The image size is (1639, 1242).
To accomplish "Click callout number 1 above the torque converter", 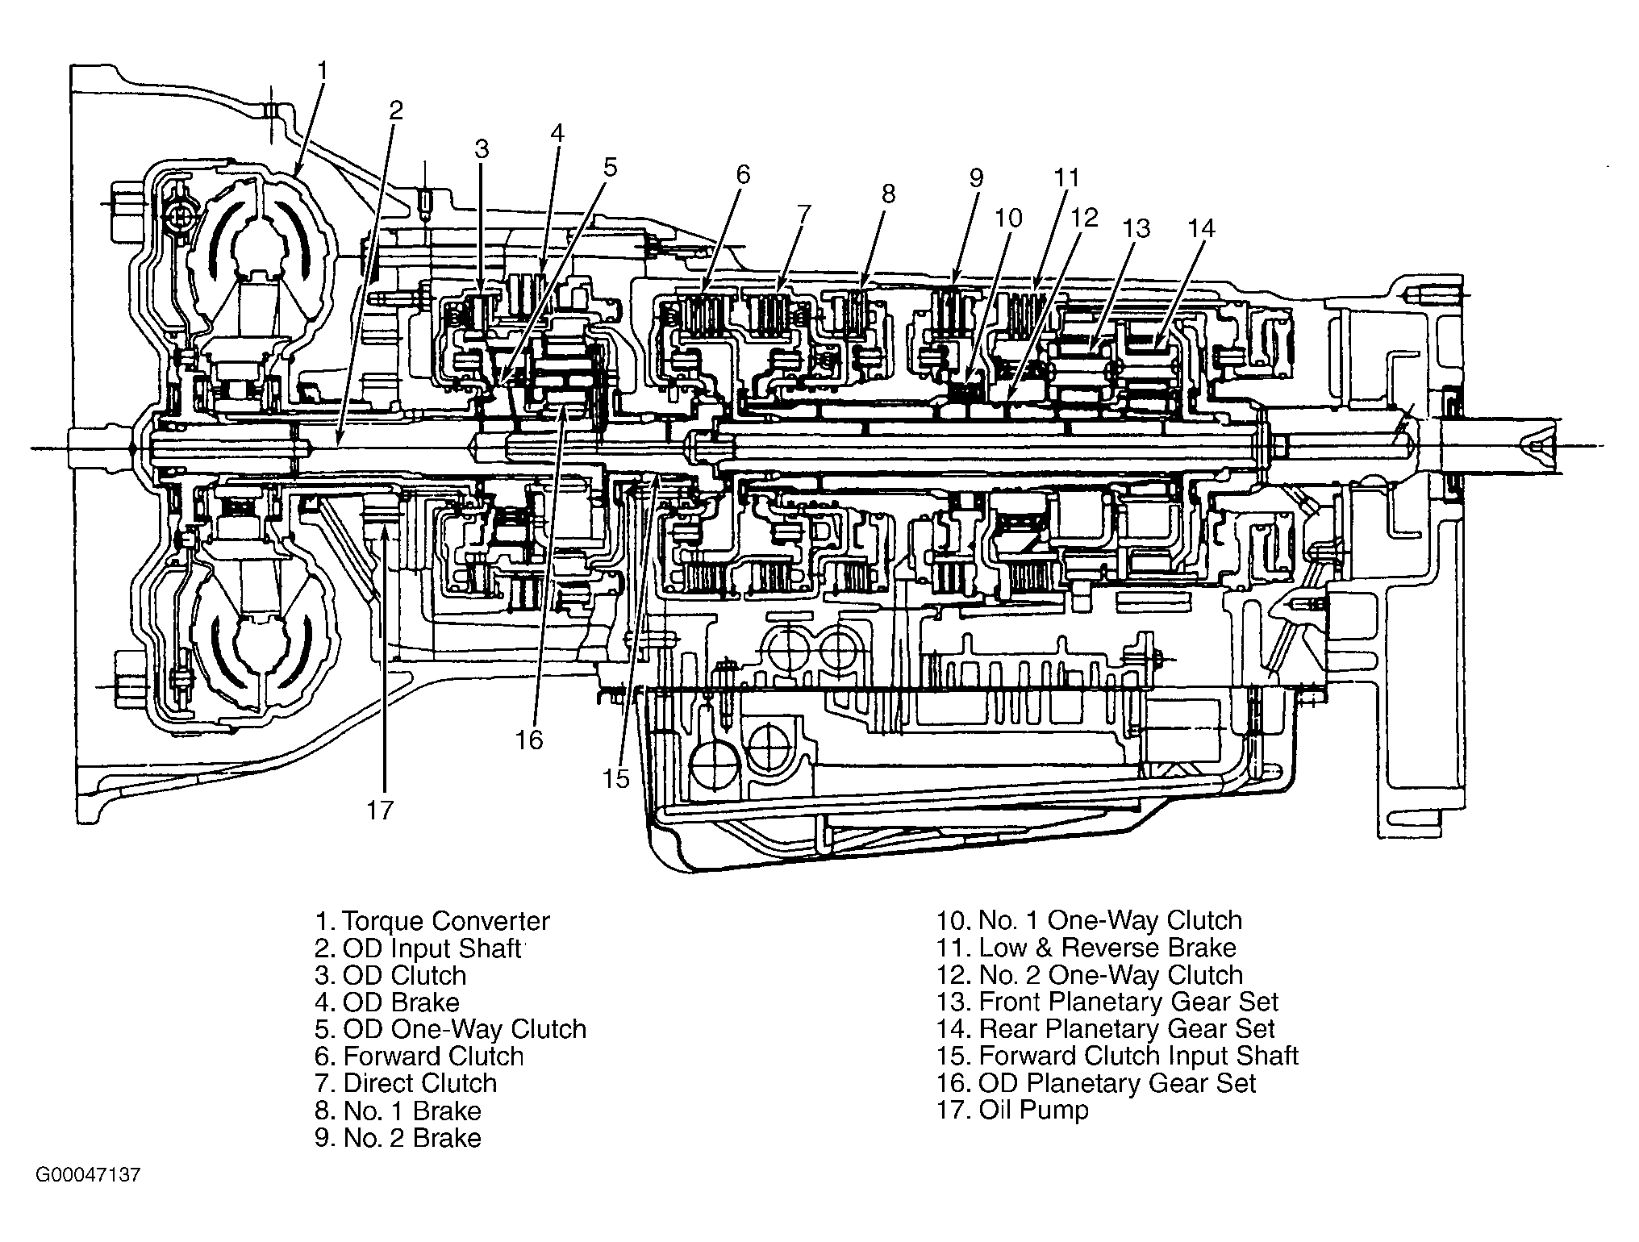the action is click(323, 71).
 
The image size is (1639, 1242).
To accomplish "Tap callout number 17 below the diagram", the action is click(379, 810).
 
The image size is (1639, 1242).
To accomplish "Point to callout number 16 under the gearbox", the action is click(530, 740).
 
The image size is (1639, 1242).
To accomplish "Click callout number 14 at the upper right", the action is click(1201, 228).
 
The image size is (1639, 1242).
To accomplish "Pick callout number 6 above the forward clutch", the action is click(743, 174).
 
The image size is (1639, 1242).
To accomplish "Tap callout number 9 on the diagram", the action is click(976, 177).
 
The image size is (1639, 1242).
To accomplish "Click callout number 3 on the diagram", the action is click(482, 148).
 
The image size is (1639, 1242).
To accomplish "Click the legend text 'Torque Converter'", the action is click(446, 921).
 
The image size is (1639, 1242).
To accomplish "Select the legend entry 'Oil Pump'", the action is click(1033, 1110).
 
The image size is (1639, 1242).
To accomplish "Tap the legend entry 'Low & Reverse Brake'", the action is click(1107, 948).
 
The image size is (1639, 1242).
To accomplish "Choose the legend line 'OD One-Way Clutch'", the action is click(465, 1029).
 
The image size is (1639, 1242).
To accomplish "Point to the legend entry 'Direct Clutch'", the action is click(420, 1083).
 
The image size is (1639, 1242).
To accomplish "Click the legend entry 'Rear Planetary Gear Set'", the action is click(1127, 1029).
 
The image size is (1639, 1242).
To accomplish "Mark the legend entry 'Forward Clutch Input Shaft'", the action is click(1138, 1056).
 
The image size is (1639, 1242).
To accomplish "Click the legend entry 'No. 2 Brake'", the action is click(412, 1137).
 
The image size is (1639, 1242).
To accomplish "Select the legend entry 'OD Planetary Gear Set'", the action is click(1117, 1083).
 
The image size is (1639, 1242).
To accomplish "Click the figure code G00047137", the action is click(88, 1175).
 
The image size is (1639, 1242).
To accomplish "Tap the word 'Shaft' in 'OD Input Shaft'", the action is click(483, 948).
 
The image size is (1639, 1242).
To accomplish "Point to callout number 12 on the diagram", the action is click(1085, 218).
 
